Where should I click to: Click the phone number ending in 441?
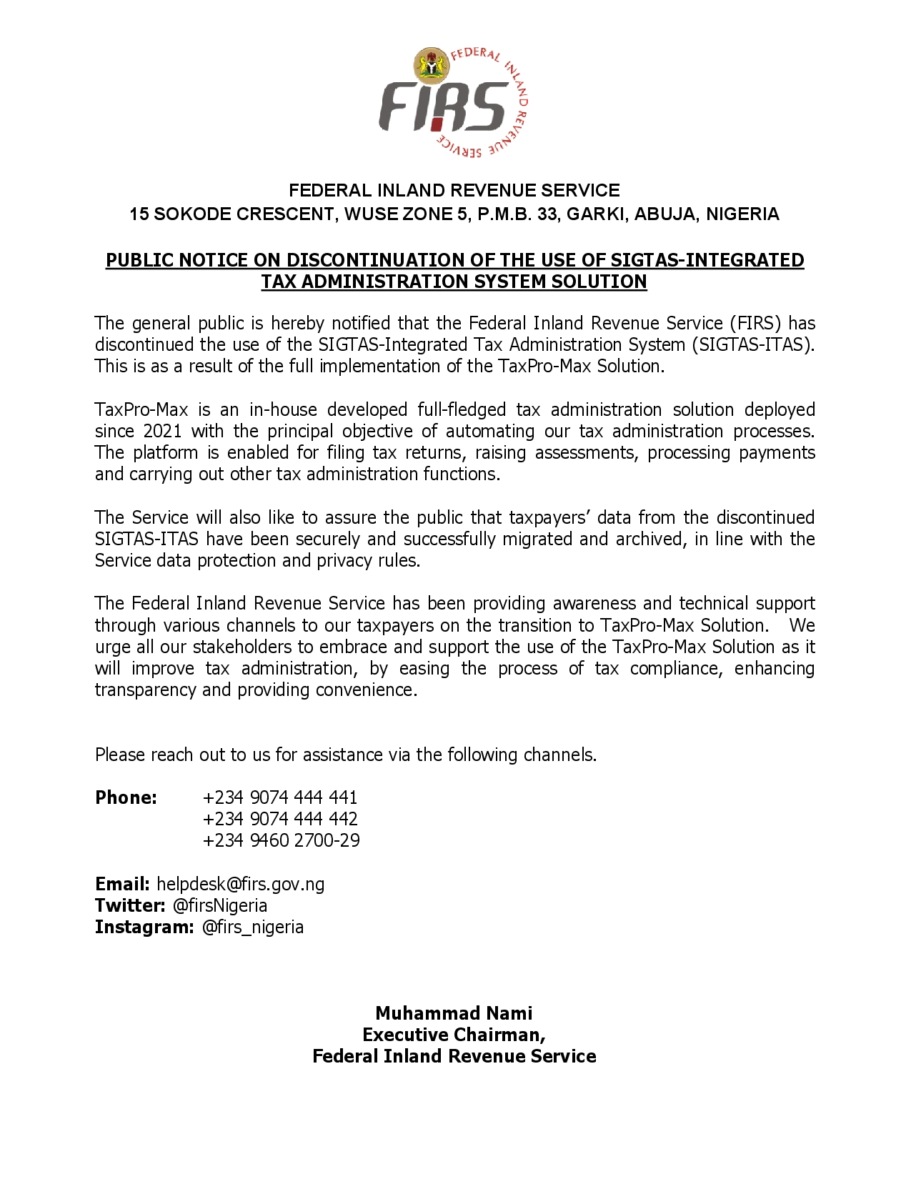coord(280,797)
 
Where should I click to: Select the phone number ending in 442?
coord(280,819)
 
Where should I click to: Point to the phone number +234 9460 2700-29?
coord(282,840)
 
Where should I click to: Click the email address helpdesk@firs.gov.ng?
coord(241,884)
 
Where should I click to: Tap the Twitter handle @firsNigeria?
coord(220,905)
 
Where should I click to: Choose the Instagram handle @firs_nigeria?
coord(253,927)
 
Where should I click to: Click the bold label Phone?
coord(126,797)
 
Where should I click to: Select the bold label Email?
coord(122,884)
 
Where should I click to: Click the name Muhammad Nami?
coord(454,1013)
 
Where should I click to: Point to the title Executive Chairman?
coord(454,1035)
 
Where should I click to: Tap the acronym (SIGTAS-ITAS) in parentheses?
coord(752,344)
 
